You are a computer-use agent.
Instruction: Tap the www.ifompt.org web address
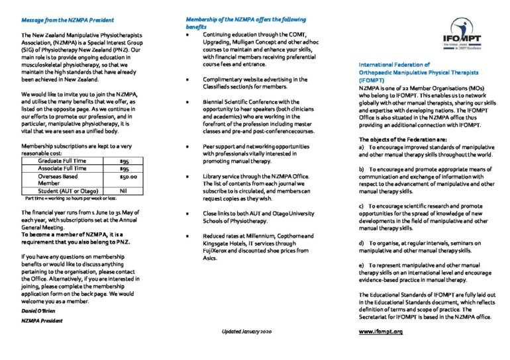point(381,330)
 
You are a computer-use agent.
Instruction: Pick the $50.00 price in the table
point(128,177)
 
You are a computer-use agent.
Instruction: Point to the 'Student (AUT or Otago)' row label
point(68,191)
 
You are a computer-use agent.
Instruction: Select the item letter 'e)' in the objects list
point(362,265)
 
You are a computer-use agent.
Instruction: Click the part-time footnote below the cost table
point(71,198)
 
